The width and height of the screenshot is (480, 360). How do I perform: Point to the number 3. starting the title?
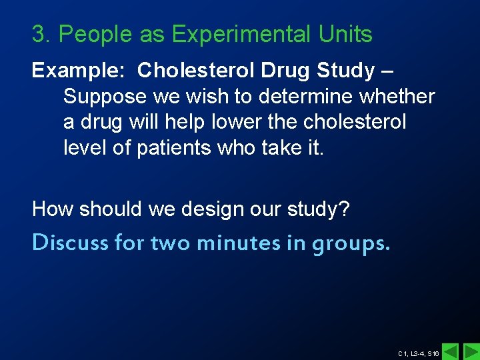(41, 34)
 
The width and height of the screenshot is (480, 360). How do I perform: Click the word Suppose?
(105, 97)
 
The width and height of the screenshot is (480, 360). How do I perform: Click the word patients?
(176, 148)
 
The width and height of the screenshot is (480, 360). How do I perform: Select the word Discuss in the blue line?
(71, 243)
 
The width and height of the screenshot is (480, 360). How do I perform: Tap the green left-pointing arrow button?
(451, 351)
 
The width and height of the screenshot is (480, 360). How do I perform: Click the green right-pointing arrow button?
(471, 351)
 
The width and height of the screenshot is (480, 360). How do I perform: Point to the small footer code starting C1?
(418, 353)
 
